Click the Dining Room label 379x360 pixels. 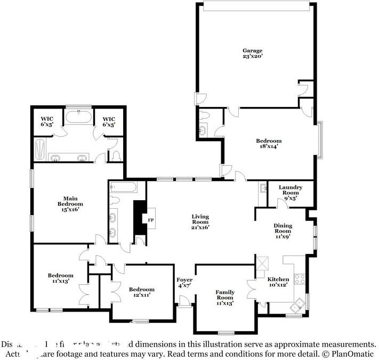(283, 228)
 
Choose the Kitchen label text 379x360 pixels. (278, 279)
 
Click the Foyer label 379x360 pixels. (184, 280)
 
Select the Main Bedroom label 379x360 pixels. (70, 201)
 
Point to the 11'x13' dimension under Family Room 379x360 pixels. (225, 303)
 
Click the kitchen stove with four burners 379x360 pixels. (300, 278)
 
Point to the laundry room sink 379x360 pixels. (263, 187)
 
